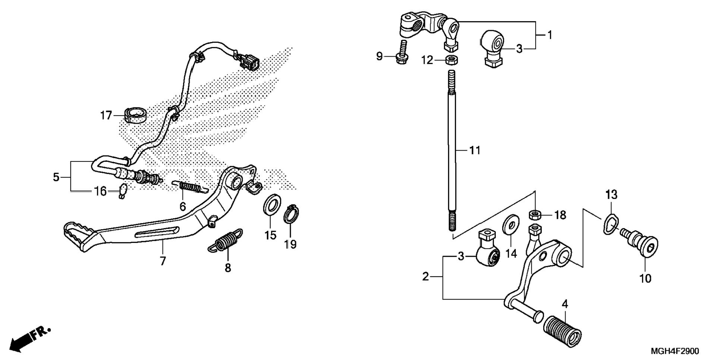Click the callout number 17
click(106, 116)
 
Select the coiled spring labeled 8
click(226, 241)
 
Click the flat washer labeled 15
click(272, 205)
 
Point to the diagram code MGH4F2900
click(675, 351)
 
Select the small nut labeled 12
click(452, 59)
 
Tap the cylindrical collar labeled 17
click(135, 115)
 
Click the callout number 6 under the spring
click(183, 206)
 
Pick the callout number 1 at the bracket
click(550, 35)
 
